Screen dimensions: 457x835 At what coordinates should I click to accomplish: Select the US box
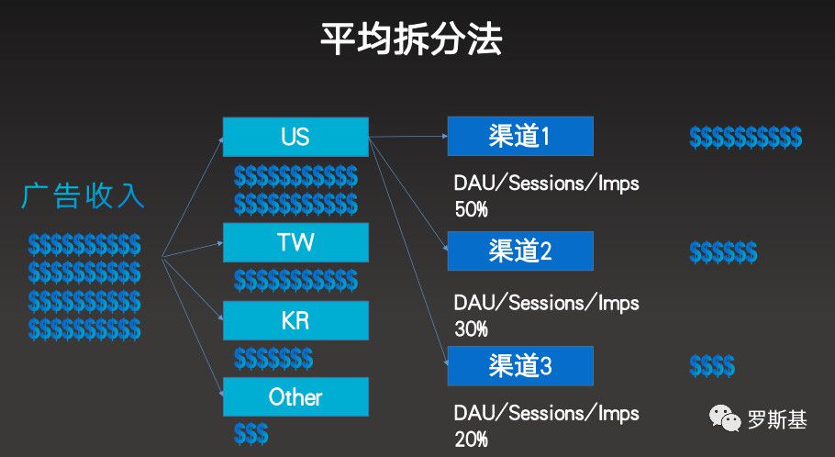295,137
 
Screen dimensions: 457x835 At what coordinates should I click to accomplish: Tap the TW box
295,243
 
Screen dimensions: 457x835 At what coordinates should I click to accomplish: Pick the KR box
295,321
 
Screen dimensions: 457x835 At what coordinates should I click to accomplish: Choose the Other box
295,397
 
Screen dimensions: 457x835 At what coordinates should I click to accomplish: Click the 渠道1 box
519,137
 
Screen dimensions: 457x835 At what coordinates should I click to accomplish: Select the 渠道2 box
519,251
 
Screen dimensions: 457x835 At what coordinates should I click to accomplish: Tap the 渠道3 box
519,365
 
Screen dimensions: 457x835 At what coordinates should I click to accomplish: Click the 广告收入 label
83,195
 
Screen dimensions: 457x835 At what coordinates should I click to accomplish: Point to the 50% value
471,209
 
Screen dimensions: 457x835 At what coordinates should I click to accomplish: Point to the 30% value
471,328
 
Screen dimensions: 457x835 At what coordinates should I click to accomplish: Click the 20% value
471,440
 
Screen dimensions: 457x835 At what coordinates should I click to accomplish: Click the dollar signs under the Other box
251,433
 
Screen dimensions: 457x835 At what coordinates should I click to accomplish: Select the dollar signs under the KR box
273,358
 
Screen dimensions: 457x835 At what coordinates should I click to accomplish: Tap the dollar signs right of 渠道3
712,366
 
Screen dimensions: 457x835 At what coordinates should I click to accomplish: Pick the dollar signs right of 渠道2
723,251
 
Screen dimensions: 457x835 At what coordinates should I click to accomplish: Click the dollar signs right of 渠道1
745,138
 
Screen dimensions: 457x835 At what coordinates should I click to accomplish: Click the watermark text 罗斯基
777,420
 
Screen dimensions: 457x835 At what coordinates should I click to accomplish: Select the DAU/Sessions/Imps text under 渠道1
546,183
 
